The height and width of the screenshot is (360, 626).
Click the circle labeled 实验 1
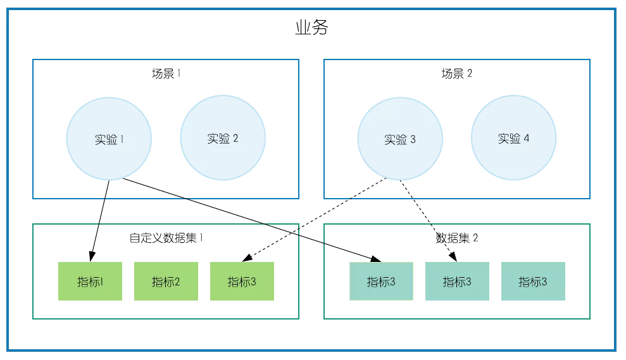tap(109, 138)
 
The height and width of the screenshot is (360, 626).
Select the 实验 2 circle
tap(223, 138)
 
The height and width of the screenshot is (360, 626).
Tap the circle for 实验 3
tap(400, 138)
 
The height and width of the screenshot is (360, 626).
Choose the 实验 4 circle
tap(514, 138)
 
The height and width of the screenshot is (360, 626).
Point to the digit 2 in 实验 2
tap(235, 139)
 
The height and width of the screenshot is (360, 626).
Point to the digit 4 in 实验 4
tap(526, 139)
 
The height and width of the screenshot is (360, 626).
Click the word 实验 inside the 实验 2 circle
tap(218, 139)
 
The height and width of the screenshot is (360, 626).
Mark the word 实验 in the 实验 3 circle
tap(395, 139)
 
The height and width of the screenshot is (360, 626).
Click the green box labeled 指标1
tap(90, 281)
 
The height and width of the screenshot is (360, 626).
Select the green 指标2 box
tap(166, 281)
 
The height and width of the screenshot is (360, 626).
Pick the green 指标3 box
tap(242, 281)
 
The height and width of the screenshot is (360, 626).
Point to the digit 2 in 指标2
tap(177, 282)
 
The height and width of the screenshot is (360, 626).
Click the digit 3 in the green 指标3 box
tap(253, 282)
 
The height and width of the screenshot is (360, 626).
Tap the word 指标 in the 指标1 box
tap(88, 282)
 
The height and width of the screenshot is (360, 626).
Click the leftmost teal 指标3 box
tap(381, 281)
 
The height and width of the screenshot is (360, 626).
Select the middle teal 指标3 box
tap(457, 281)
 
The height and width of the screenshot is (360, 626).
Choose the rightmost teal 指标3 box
tap(533, 281)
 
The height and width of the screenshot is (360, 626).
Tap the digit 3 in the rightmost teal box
tap(544, 282)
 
